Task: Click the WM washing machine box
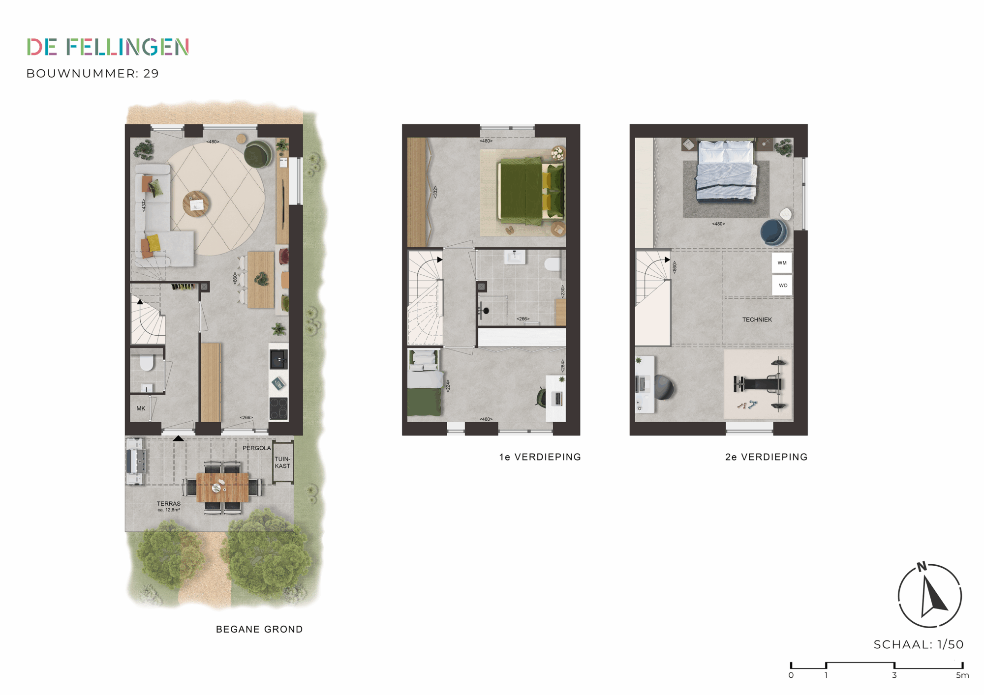tap(782, 263)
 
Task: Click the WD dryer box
tap(782, 286)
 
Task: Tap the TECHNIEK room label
tap(757, 319)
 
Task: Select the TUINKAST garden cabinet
tap(283, 463)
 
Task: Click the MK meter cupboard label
tap(141, 408)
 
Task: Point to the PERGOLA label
tap(256, 448)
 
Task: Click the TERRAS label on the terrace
tap(169, 504)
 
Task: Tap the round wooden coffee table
tap(196, 203)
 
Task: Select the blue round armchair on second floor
tap(773, 232)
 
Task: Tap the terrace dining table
tap(222, 487)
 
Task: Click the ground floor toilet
tap(147, 364)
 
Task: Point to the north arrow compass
tap(929, 595)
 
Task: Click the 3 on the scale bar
tap(894, 675)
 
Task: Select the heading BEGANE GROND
tap(259, 629)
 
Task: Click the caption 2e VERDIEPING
tap(766, 457)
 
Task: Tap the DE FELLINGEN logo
tap(108, 47)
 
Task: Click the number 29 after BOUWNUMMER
tap(151, 74)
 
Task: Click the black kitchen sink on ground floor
tap(278, 359)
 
